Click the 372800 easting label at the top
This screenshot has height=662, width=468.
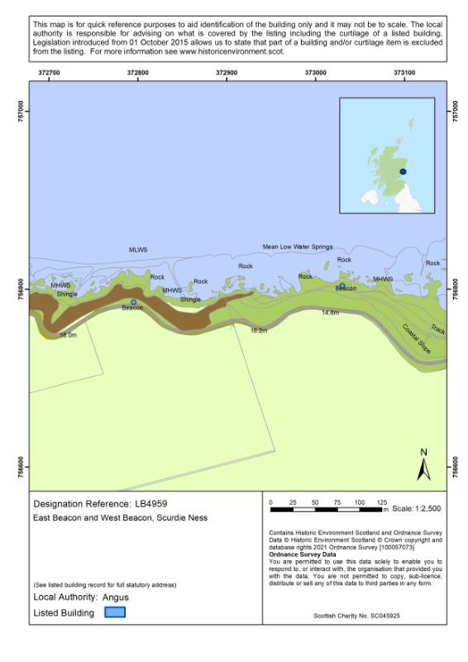click(x=138, y=73)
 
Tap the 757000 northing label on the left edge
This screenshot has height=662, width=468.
click(x=21, y=111)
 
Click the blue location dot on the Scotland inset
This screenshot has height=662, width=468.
click(x=403, y=171)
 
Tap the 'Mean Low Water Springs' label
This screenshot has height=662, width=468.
click(x=298, y=247)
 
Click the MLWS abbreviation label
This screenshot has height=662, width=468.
click(x=137, y=249)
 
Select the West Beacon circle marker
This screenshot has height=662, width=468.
click(x=133, y=302)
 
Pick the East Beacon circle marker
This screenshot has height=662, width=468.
click(x=342, y=285)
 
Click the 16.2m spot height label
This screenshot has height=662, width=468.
click(x=259, y=329)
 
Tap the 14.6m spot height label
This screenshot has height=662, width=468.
click(x=330, y=313)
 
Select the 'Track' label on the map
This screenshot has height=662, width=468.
click(x=437, y=329)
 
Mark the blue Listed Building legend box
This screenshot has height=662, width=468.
click(x=115, y=612)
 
